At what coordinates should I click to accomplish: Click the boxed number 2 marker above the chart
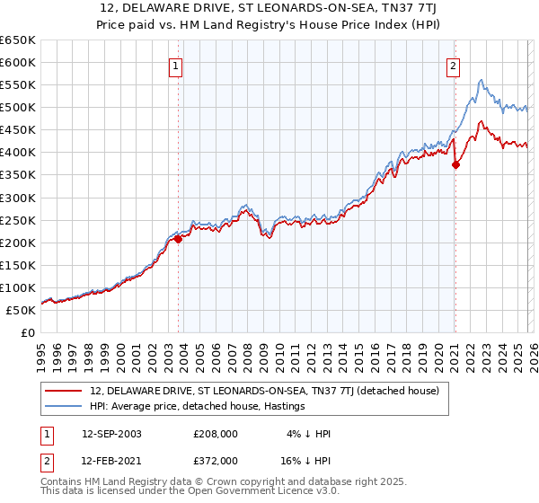(x=454, y=66)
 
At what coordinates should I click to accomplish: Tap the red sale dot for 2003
(x=178, y=239)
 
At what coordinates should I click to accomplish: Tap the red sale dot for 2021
(x=455, y=164)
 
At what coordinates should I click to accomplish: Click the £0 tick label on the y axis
(x=28, y=332)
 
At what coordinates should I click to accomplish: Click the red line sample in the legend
(x=65, y=392)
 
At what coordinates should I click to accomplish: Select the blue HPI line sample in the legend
(x=65, y=407)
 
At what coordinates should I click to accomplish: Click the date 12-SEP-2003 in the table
(x=111, y=434)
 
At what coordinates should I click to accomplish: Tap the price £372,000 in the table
(x=216, y=460)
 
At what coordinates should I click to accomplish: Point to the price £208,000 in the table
(x=216, y=434)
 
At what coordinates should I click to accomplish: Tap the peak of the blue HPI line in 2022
(x=482, y=80)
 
